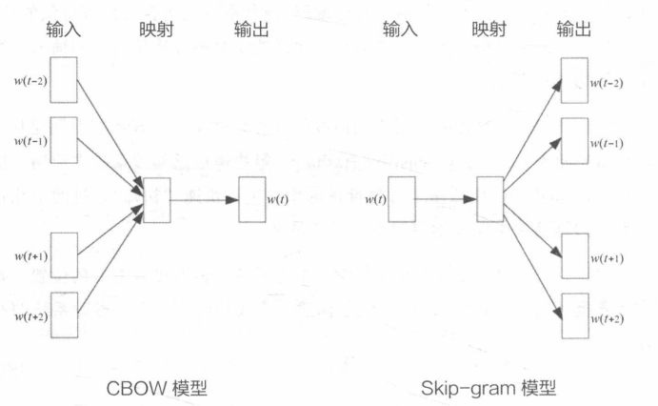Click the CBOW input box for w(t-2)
coord(63,79)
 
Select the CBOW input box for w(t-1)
coord(63,140)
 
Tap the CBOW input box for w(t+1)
coord(63,255)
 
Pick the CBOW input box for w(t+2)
coord(63,315)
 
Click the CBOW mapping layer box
coord(155,199)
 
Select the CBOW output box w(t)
coord(251,199)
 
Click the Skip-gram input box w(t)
coord(401,199)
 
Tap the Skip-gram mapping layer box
coord(489,199)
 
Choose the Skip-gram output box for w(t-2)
coord(575,81)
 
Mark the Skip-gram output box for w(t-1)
coord(575,141)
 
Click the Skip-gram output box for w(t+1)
coord(575,256)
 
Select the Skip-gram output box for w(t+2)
coord(575,316)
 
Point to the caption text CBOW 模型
coord(157,387)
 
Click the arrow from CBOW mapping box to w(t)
coord(203,199)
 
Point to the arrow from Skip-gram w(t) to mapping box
coord(445,199)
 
